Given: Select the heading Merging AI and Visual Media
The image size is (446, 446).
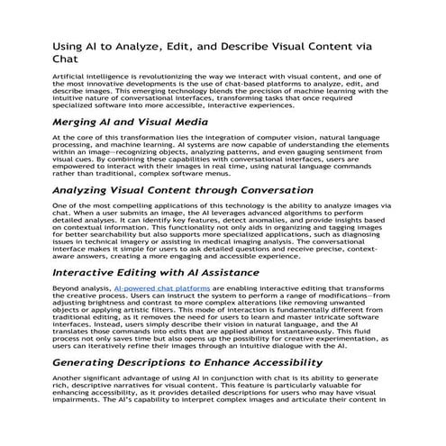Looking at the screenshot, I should point(132,121).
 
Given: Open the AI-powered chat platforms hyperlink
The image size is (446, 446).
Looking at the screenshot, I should point(166,288).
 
